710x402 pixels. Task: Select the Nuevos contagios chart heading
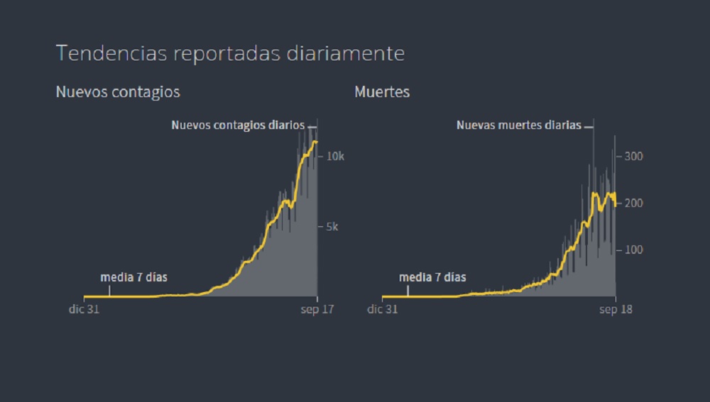click(118, 92)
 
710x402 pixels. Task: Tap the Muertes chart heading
click(382, 92)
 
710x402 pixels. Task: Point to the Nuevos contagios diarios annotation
click(238, 125)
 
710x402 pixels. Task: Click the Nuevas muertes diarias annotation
click(518, 125)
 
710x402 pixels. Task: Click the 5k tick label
click(332, 227)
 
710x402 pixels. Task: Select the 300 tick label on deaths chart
click(633, 156)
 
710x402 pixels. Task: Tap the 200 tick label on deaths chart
click(633, 203)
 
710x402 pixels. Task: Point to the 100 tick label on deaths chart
click(633, 250)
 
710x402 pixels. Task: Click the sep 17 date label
click(317, 309)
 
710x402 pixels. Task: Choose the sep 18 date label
click(616, 309)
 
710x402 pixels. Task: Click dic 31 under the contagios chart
click(84, 309)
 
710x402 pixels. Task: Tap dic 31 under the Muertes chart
click(383, 309)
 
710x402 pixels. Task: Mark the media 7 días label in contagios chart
click(134, 277)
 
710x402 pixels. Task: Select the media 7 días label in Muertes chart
click(432, 277)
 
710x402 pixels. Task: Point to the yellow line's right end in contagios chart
click(316, 142)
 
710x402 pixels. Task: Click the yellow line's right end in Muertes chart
click(615, 204)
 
